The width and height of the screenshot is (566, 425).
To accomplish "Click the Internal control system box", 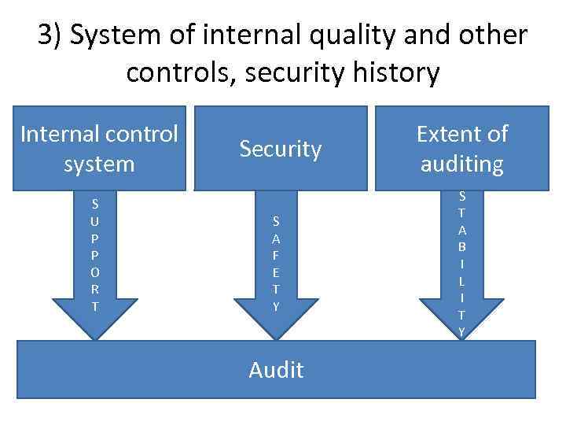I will (x=99, y=149).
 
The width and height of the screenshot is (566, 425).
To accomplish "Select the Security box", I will (x=281, y=149).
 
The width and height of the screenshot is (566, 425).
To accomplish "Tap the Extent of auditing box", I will (x=461, y=149).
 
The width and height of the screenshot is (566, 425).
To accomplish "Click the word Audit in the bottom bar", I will (x=276, y=369).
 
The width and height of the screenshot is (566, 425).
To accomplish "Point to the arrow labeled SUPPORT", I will (x=95, y=260).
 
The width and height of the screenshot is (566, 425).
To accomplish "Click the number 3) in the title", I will (x=55, y=36).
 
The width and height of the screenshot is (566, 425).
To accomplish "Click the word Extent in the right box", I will (x=462, y=134).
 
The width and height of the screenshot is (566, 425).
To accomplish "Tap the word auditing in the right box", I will (x=462, y=164).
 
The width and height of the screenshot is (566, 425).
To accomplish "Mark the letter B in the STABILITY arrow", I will (x=461, y=246).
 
